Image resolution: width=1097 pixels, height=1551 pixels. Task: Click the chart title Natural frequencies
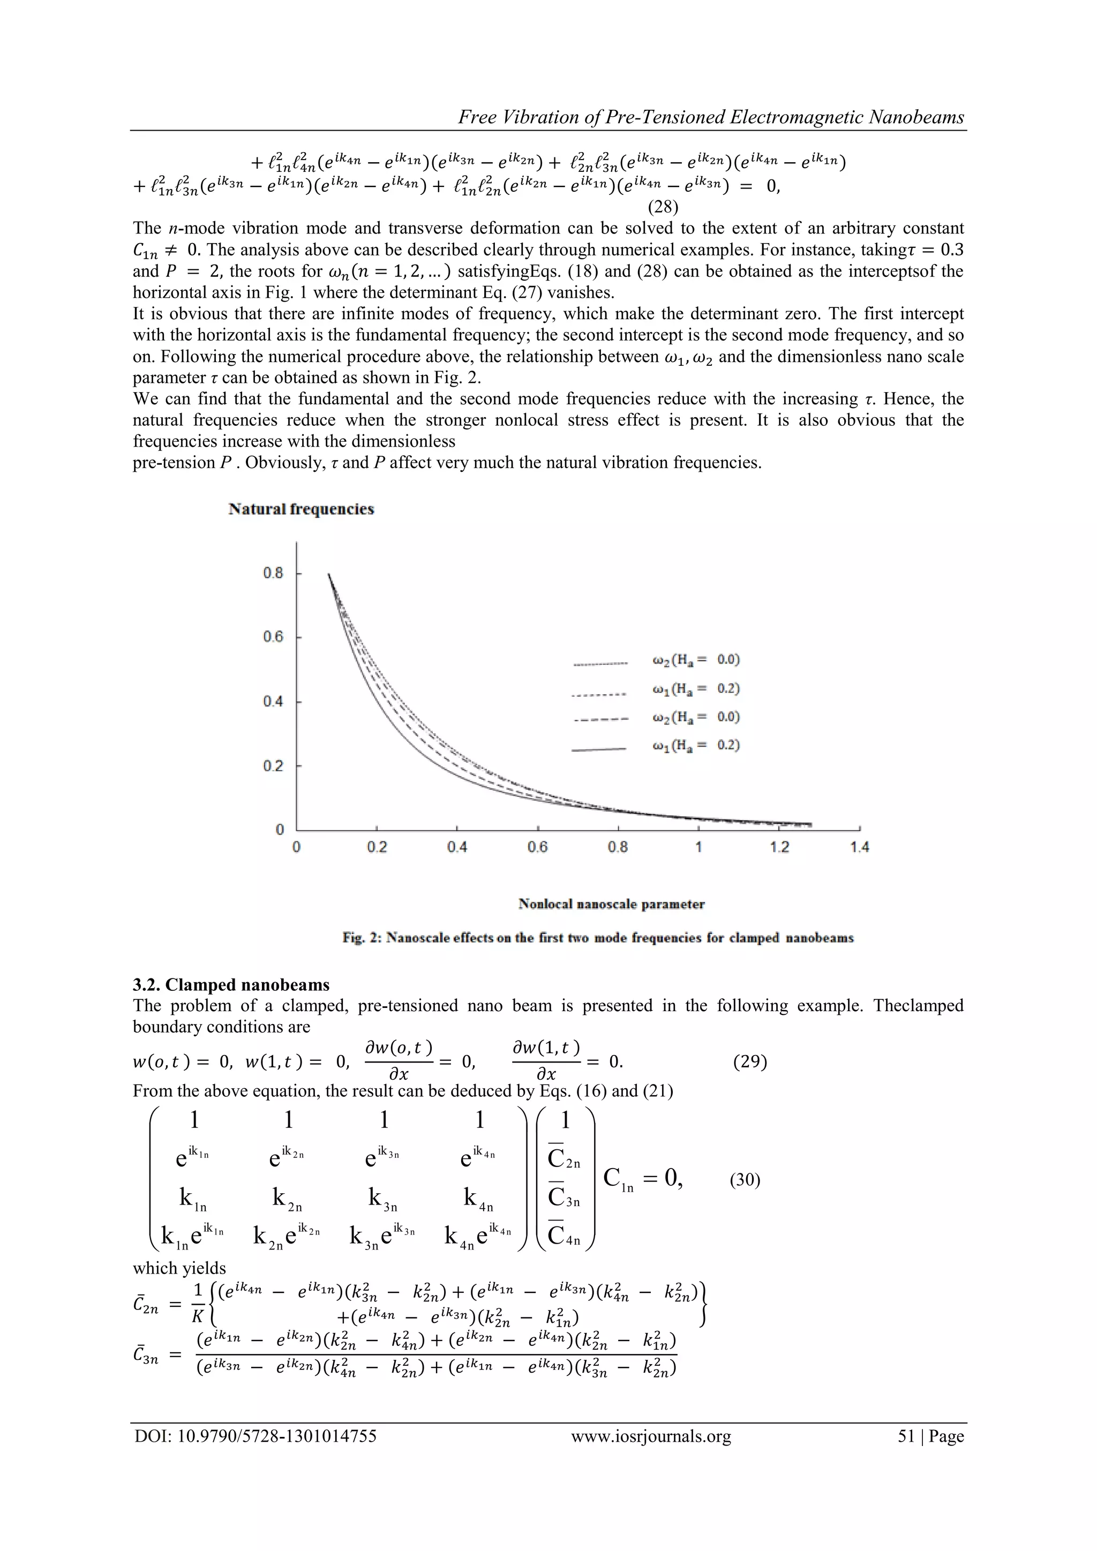(x=301, y=509)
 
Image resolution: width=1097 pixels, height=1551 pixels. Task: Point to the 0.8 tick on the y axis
(x=274, y=573)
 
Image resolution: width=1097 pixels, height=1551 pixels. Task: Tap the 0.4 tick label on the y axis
(x=274, y=701)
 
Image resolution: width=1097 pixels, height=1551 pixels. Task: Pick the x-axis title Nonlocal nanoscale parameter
(x=611, y=904)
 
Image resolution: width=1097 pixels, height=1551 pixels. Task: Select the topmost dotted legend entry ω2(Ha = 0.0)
(x=696, y=659)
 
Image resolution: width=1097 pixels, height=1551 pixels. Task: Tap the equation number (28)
(x=663, y=207)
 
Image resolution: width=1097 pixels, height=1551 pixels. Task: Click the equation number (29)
(x=750, y=1061)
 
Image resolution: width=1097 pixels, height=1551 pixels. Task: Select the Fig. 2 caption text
(x=598, y=938)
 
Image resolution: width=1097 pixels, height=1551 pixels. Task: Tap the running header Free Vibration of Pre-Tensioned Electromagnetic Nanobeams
(x=711, y=117)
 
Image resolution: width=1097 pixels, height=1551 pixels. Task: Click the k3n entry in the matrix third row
(x=382, y=1199)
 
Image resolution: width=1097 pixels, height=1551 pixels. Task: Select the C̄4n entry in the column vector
(x=564, y=1236)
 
